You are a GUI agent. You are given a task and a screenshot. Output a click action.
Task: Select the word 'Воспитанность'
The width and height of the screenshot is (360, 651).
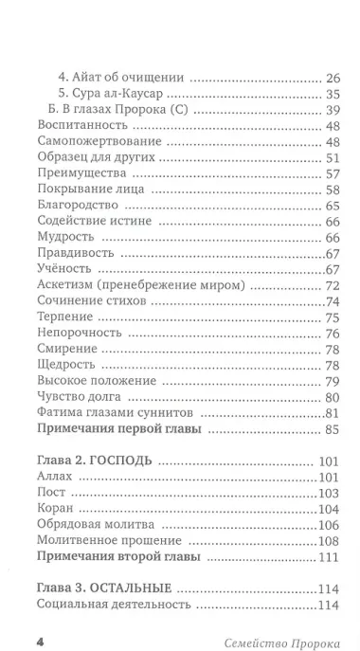pyautogui.click(x=78, y=125)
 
